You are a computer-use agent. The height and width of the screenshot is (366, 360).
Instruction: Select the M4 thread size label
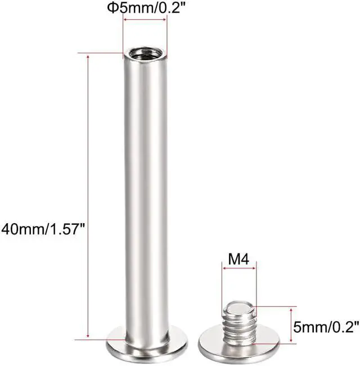(239, 260)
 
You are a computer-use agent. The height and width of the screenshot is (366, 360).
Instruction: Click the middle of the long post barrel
(145, 197)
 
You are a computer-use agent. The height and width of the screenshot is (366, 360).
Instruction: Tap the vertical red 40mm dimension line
(88, 197)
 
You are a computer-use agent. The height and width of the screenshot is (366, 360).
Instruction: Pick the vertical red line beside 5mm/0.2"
(291, 324)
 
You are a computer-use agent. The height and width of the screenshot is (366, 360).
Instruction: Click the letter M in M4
(233, 260)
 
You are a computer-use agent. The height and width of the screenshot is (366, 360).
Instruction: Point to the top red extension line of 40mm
(104, 53)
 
